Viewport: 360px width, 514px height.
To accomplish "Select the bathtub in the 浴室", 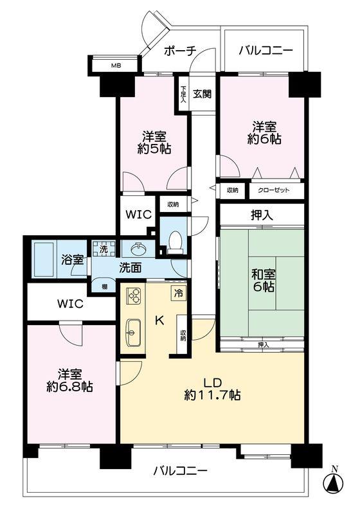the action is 44,260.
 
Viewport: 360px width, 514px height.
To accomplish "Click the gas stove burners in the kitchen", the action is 134,296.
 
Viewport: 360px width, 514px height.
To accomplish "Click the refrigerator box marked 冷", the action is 178,293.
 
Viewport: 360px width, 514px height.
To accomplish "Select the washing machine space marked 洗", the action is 104,249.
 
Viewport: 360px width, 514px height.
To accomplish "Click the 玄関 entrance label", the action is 202,94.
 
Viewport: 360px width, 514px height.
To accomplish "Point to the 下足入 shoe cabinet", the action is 183,94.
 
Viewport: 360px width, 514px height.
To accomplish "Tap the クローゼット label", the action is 274,190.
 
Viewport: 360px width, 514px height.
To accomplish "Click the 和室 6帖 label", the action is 264,281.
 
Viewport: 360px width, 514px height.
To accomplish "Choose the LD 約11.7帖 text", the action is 212,389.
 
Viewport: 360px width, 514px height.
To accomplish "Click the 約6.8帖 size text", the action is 69,387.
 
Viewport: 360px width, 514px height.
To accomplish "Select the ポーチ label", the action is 180,51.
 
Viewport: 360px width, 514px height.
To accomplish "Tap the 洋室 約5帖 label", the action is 154,143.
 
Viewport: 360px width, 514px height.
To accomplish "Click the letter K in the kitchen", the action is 159,320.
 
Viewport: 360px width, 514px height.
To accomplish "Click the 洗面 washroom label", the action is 130,268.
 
